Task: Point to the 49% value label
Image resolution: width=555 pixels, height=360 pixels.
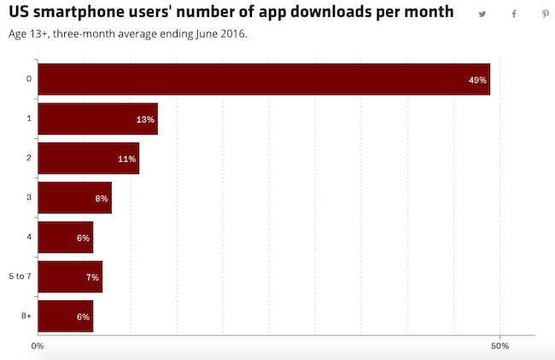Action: pyautogui.click(x=477, y=80)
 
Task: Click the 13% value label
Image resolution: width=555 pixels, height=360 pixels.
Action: pyautogui.click(x=145, y=119)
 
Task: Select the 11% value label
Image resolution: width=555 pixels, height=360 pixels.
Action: pyautogui.click(x=126, y=159)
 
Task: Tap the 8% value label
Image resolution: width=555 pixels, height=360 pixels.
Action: pyautogui.click(x=102, y=199)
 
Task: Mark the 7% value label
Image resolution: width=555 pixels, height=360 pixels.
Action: pyautogui.click(x=92, y=277)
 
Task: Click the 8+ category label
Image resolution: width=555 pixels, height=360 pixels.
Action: pyautogui.click(x=26, y=316)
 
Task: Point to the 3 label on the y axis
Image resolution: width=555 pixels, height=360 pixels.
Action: pyautogui.click(x=28, y=197)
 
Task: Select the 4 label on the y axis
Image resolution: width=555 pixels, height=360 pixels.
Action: pyautogui.click(x=28, y=237)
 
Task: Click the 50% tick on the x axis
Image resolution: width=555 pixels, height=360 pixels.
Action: pyautogui.click(x=500, y=346)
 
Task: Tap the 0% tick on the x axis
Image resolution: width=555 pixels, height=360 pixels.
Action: pyautogui.click(x=38, y=346)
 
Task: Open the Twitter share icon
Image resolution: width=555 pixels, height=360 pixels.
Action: pyautogui.click(x=482, y=15)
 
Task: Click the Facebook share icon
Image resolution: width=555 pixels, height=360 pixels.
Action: pyautogui.click(x=514, y=15)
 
